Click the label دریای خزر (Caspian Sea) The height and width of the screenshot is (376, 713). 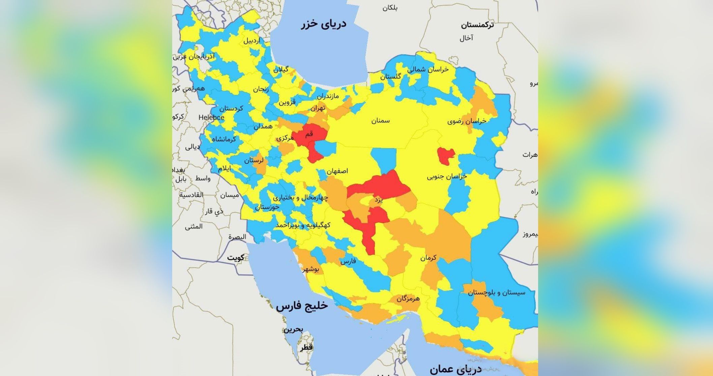coord(323,24)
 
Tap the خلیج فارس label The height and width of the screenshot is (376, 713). coord(302,306)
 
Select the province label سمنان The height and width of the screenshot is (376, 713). coord(380,121)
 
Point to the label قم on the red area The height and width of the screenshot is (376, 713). coord(309,134)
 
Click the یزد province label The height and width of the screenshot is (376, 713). coord(378,200)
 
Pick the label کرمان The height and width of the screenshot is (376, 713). coord(428,258)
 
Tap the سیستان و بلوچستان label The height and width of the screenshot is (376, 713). coord(496,292)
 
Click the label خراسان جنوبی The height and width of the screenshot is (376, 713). coord(447,177)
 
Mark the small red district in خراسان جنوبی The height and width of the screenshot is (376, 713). coord(445,156)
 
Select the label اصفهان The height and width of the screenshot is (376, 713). coord(337,171)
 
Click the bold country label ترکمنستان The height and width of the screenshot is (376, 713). coord(477,25)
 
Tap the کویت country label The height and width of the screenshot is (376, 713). coord(235,258)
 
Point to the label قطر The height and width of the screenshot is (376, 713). coord(306,347)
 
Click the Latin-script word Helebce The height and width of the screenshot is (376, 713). coord(211,118)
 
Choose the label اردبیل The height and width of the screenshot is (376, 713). coord(252,41)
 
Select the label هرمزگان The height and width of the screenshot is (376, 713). coord(408,299)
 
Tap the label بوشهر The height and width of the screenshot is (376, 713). coord(310,269)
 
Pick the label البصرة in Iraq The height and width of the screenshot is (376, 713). coord(237,237)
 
